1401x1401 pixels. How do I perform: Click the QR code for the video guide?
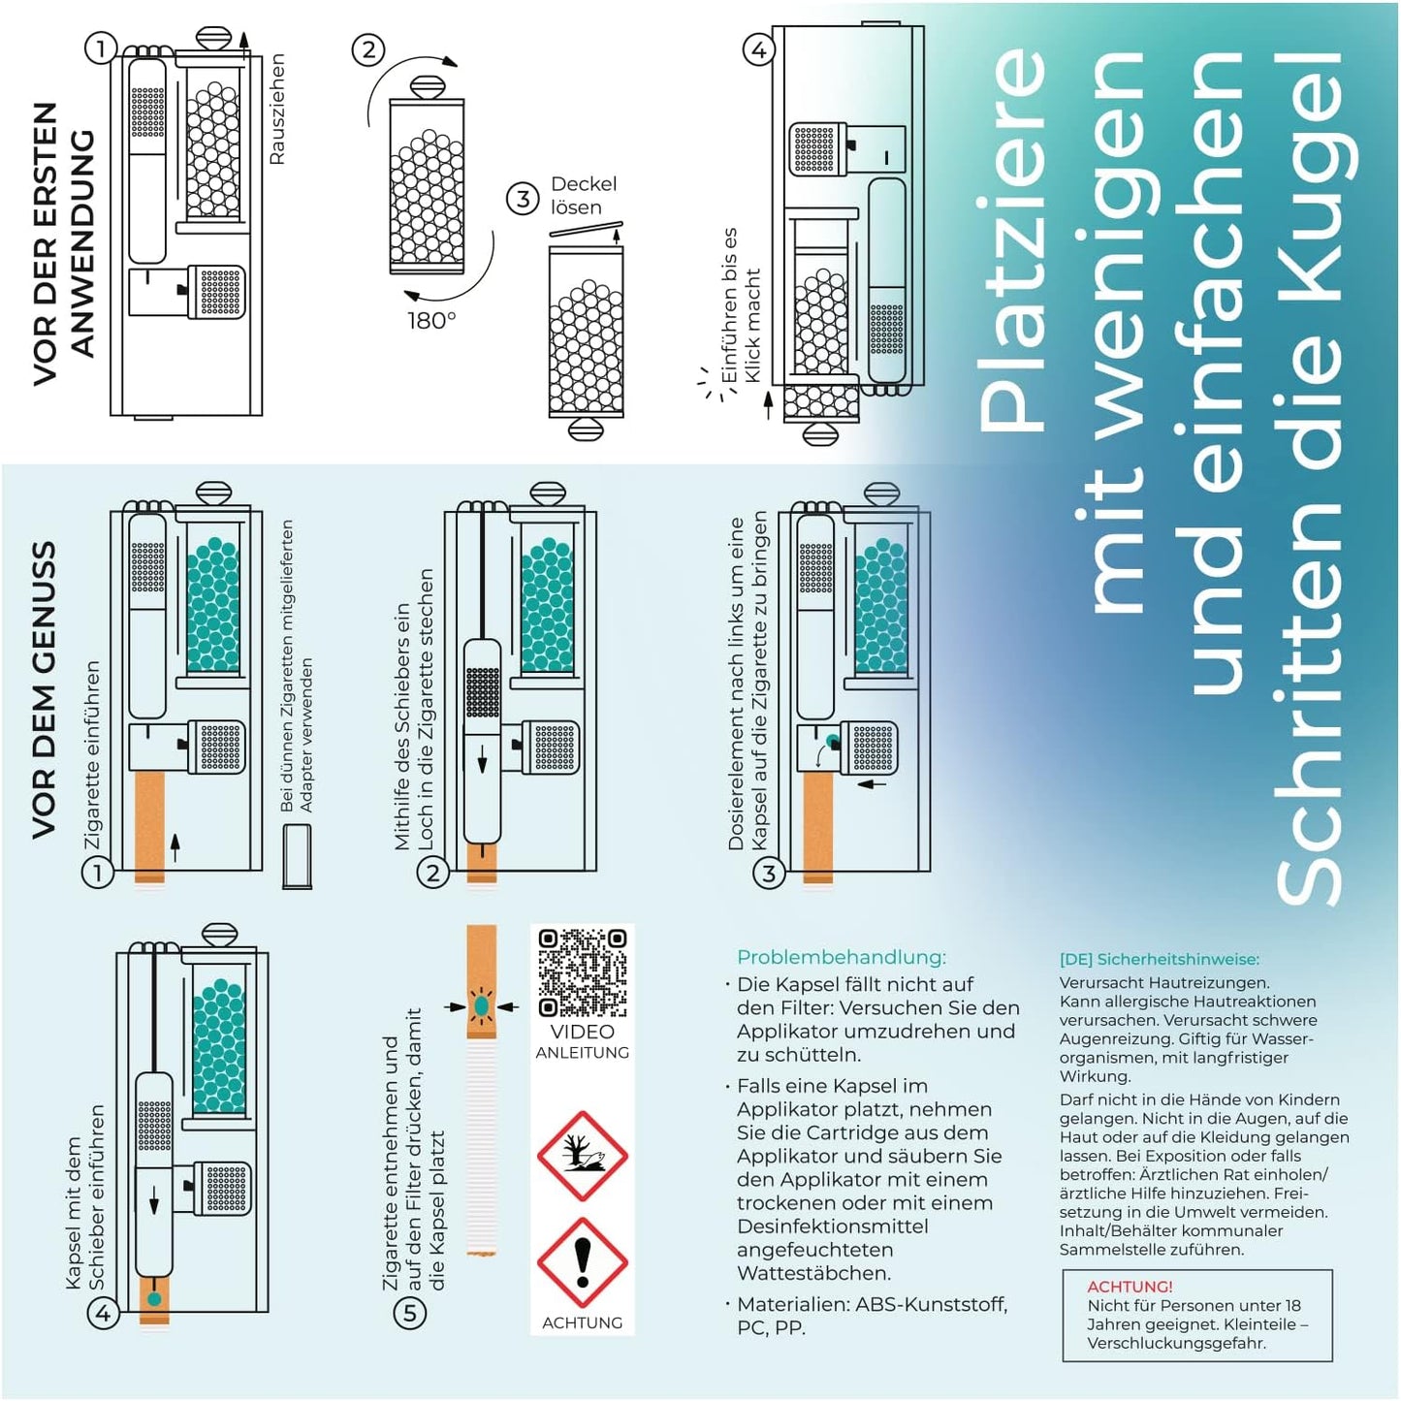[x=583, y=972]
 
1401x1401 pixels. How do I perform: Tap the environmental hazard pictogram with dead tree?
[x=583, y=1156]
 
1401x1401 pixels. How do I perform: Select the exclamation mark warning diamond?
[x=583, y=1262]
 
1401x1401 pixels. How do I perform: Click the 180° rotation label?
[x=431, y=320]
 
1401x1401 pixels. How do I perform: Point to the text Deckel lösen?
[x=583, y=195]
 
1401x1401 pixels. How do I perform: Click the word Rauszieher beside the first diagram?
[x=276, y=109]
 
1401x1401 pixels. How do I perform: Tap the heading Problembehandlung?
[x=841, y=957]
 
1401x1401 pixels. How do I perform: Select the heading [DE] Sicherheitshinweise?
[x=1159, y=959]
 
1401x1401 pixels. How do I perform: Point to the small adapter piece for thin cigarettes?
[x=297, y=855]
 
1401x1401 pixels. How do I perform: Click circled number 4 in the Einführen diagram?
[x=758, y=49]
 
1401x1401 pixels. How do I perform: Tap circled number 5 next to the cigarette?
[x=409, y=1314]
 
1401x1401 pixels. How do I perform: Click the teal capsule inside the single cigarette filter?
[x=481, y=1006]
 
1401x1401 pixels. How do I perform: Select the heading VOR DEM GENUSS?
[x=45, y=689]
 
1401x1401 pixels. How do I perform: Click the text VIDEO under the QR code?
[x=582, y=1032]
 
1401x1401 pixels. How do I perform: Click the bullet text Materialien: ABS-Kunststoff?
[x=871, y=1304]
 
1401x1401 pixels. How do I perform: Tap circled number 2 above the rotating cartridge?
[x=367, y=49]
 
